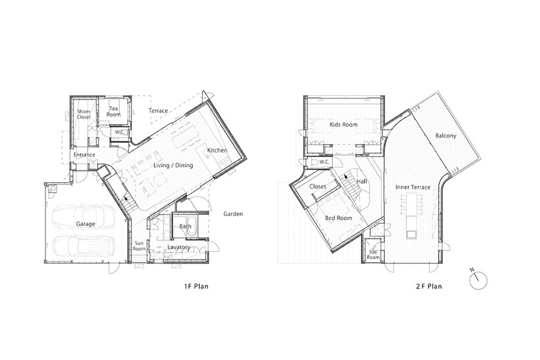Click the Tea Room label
pos(114,111)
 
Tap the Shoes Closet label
pos(84,114)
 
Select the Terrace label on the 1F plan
pos(158,110)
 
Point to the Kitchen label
pos(217,150)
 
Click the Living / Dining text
pos(173,165)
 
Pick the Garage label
pos(85,224)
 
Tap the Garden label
pos(233,214)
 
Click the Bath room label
pos(186,227)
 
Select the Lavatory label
pos(179,247)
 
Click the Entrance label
pos(84,155)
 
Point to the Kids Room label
pos(343,124)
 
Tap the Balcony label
pos(446,135)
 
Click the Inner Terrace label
pos(413,187)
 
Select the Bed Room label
pos(339,218)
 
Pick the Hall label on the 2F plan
pos(362,182)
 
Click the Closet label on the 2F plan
pos(318,186)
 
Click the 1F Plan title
pos(196,286)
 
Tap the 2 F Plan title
pos(428,286)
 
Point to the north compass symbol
pos(478,279)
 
